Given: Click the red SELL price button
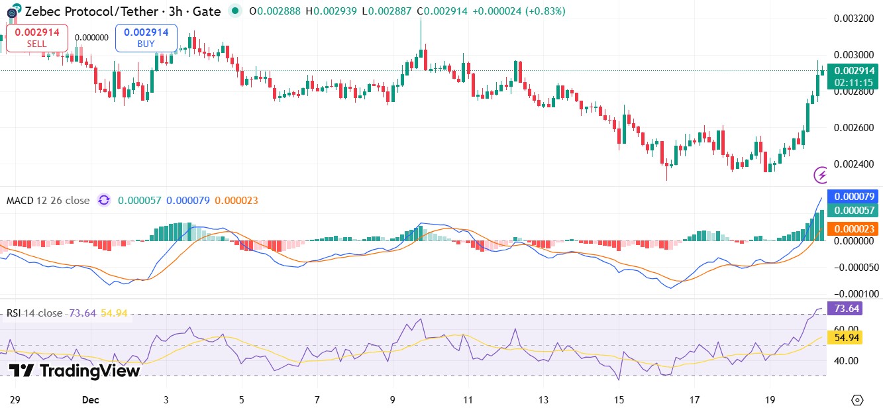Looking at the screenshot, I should pos(36,38).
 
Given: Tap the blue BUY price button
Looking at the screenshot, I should pos(146,38).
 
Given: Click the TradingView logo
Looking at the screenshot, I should pos(74,371).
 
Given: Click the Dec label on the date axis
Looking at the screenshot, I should pos(90,400).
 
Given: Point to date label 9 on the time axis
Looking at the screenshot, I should pos(393,400).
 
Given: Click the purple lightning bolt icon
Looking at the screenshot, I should pos(821,175).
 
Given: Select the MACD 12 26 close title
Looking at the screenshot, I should pos(48,200).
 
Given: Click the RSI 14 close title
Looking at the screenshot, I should pos(34,313).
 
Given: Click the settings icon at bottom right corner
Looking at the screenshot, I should pos(857,399).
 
